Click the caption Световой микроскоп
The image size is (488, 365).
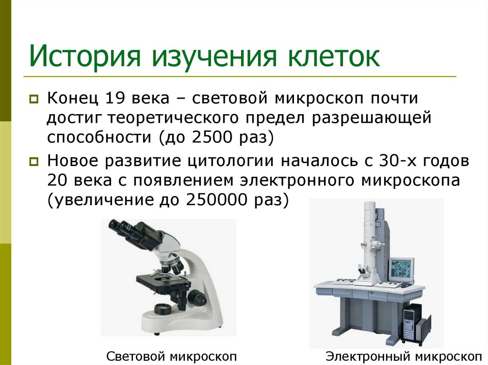click(x=172, y=356)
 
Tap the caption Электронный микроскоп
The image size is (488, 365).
click(x=403, y=356)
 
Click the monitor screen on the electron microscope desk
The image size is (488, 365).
click(x=401, y=269)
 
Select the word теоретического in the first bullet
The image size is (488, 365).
click(x=181, y=118)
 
